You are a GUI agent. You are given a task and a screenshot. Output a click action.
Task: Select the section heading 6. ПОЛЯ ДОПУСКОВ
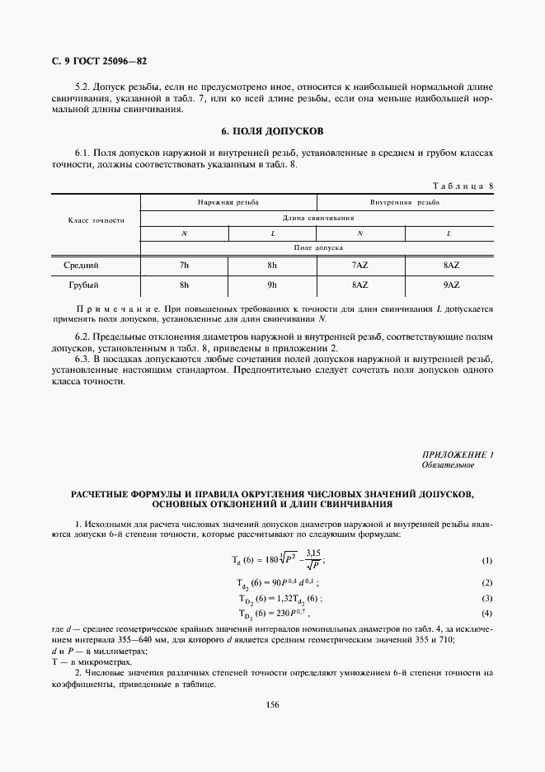pyautogui.click(x=273, y=131)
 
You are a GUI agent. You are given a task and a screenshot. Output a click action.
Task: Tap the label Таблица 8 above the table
pyautogui.click(x=462, y=186)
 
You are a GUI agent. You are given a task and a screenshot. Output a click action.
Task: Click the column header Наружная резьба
pyautogui.click(x=228, y=201)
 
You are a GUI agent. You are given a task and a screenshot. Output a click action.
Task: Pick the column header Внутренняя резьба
pyautogui.click(x=404, y=201)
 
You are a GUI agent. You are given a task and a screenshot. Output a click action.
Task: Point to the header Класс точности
pyautogui.click(x=95, y=220)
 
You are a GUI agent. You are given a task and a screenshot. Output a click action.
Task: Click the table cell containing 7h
pyautogui.click(x=183, y=266)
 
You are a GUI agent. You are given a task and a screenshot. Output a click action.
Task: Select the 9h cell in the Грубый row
pyautogui.click(x=272, y=285)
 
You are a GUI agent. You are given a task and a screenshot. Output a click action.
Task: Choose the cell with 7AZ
pyautogui.click(x=359, y=266)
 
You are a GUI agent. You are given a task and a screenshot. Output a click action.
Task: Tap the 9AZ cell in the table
pyautogui.click(x=450, y=285)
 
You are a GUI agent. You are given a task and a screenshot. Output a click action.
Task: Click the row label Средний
pyautogui.click(x=81, y=266)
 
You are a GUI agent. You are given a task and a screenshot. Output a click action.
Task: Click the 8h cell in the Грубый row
pyautogui.click(x=183, y=285)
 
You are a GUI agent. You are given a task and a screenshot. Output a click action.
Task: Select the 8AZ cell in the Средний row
pyautogui.click(x=450, y=266)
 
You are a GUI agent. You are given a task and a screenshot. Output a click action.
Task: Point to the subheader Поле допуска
pyautogui.click(x=317, y=247)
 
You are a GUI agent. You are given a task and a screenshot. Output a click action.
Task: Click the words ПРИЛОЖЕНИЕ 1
pyautogui.click(x=457, y=454)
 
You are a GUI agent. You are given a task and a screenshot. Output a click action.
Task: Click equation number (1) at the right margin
pyautogui.click(x=486, y=562)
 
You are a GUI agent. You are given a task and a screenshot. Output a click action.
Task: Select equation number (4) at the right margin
pyautogui.click(x=486, y=614)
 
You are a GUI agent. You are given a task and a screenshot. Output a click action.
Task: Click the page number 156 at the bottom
pyautogui.click(x=272, y=704)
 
